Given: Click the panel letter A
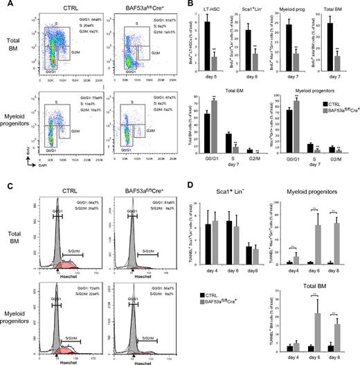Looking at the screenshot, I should [6, 6].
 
